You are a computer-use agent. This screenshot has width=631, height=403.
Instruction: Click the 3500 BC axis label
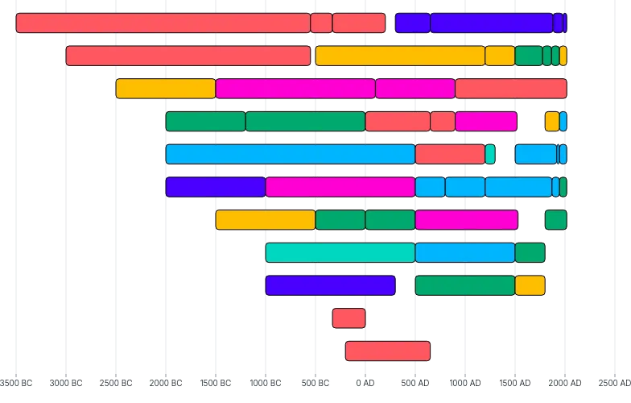pos(16,382)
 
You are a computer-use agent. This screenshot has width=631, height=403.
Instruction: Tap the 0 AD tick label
pos(365,382)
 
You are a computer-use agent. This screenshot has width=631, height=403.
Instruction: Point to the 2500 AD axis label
pos(614,382)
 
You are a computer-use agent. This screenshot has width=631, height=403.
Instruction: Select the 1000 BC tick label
pos(265,382)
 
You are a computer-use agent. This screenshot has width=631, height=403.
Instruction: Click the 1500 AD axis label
pos(514,382)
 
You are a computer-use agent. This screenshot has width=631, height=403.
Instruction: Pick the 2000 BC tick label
pos(165,382)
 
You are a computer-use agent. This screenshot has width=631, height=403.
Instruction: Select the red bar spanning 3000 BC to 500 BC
pos(188,56)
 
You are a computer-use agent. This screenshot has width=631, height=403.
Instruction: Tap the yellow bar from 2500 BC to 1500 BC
pos(165,89)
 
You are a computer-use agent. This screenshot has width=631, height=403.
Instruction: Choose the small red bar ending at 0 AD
pos(348,318)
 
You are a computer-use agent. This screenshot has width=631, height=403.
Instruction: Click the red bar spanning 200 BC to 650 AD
pos(387,351)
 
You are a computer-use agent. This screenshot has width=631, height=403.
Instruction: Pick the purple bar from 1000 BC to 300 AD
pos(330,285)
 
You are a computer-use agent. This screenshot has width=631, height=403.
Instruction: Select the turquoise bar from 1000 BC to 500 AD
pos(340,252)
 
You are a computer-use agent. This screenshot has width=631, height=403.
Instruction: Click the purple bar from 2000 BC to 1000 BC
pos(215,187)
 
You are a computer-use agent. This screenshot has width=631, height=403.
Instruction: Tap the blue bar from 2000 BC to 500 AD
pos(290,154)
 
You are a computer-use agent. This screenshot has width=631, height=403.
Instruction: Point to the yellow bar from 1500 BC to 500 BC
pos(265,220)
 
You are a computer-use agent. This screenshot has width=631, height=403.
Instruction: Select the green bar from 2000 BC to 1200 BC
pos(205,121)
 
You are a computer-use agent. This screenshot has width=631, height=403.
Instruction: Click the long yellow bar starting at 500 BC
pos(400,56)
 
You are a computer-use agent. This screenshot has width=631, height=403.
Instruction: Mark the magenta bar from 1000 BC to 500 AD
pos(340,187)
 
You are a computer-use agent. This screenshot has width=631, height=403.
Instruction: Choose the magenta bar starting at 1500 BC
pos(295,89)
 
